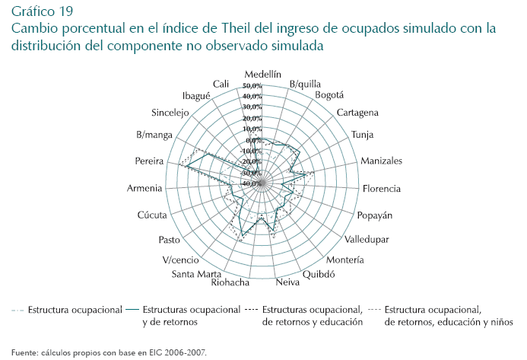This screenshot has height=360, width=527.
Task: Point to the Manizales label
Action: point(381,161)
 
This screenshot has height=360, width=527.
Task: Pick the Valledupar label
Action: point(367,239)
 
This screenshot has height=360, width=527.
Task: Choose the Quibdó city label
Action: point(319,274)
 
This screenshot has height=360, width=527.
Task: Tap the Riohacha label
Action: point(232,283)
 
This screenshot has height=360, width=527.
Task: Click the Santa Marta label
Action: point(197,274)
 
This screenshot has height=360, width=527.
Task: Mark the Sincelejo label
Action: point(176,113)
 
